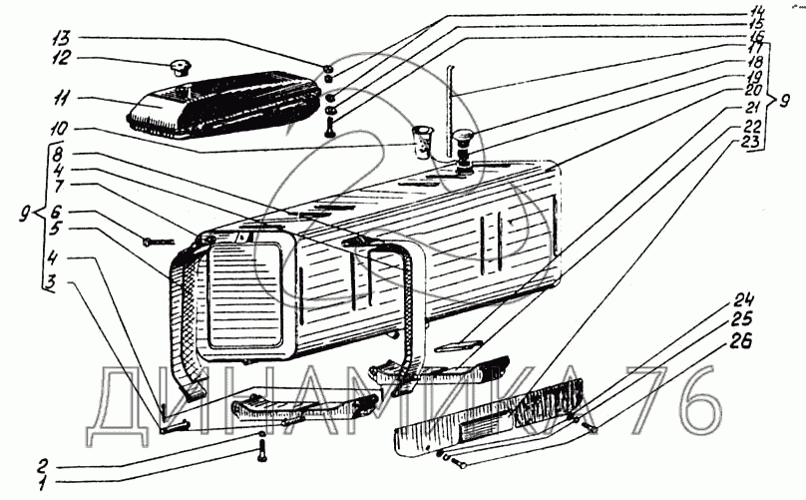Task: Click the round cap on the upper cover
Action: [x=180, y=68]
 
